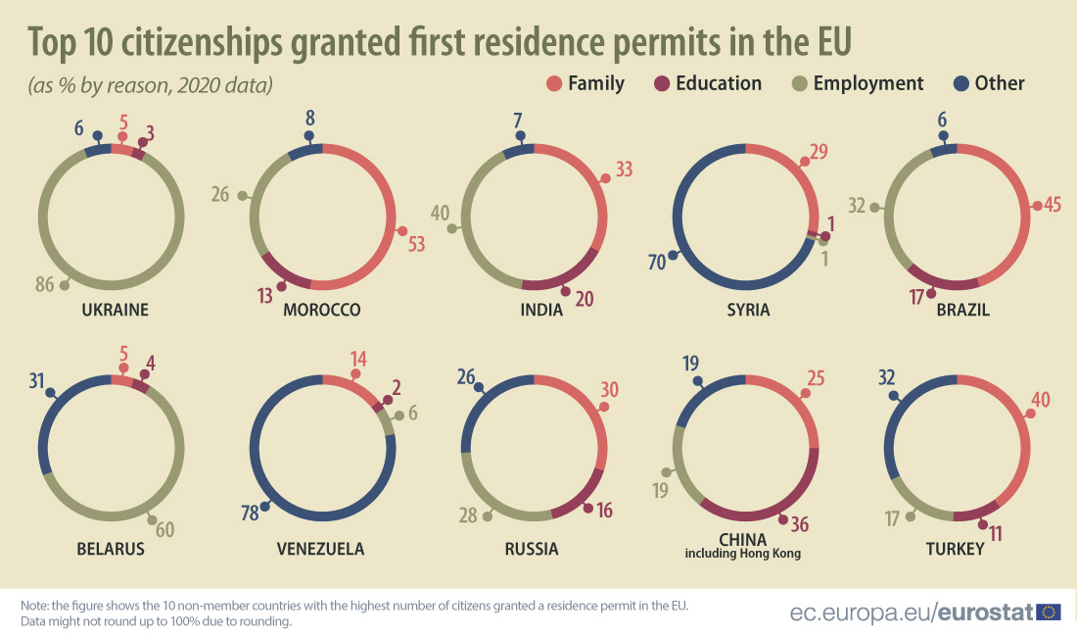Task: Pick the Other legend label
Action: [1000, 83]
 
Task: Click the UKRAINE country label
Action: [115, 310]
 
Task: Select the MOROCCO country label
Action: [321, 310]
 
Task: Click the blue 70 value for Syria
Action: [658, 262]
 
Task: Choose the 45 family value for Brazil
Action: [1054, 206]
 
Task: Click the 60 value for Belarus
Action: [164, 530]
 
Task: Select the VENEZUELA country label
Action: [320, 549]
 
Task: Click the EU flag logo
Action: [1050, 612]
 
